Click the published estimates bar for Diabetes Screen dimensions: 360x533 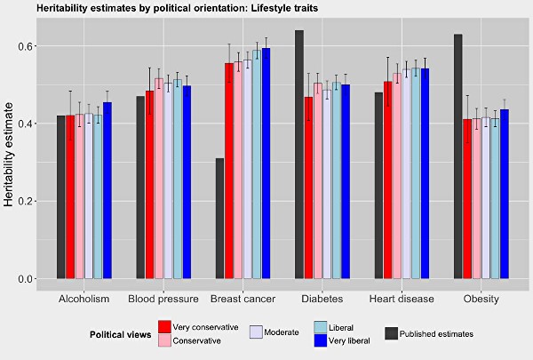299,155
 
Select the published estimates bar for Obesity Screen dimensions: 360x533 458,156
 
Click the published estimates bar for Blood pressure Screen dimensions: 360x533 140,188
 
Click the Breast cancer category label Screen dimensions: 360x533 243,299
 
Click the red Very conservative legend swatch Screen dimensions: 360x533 164,327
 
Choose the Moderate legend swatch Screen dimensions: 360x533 257,331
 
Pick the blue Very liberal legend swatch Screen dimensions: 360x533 323,340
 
